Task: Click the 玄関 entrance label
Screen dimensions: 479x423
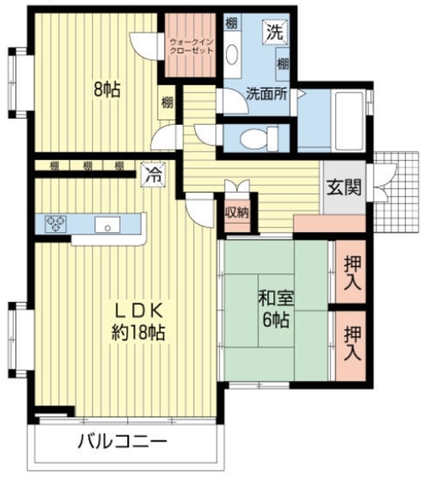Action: pos(344,187)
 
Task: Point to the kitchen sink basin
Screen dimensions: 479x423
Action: pos(107,224)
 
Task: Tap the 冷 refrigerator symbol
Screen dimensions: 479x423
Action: pos(152,176)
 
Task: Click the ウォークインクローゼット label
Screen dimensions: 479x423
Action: pos(192,46)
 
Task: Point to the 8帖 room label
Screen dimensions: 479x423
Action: pos(107,89)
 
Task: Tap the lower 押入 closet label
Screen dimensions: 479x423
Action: pos(352,341)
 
